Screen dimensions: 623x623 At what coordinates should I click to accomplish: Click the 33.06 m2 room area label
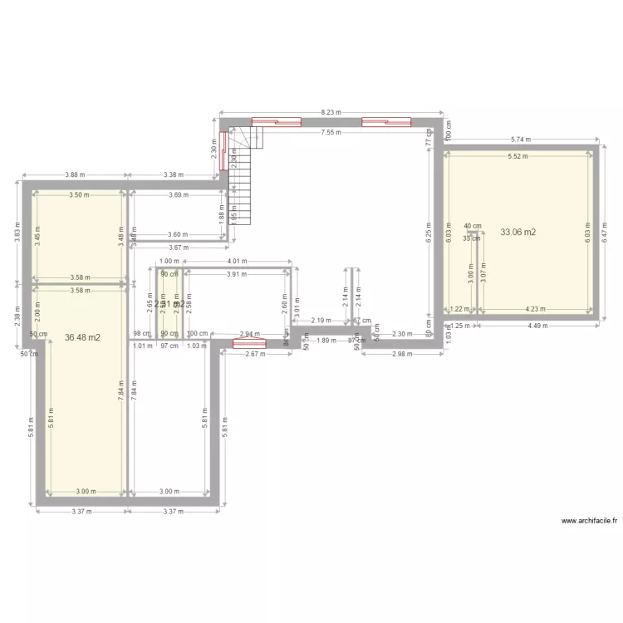(x=518, y=233)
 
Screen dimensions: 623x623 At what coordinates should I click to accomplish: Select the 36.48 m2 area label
(x=82, y=337)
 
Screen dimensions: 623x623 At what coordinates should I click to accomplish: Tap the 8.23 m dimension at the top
(x=331, y=111)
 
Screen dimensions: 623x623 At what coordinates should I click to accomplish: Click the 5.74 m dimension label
(x=522, y=140)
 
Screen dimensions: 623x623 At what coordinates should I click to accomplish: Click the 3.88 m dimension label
(x=76, y=174)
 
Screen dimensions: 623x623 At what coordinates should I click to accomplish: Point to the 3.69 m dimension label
(x=178, y=195)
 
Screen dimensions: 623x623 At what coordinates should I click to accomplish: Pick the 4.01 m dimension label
(x=238, y=260)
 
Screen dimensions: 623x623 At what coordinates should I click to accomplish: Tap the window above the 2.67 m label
(x=248, y=343)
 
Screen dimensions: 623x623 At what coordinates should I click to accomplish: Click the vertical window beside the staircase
(x=223, y=151)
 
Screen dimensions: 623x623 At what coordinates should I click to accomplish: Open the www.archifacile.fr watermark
(x=590, y=521)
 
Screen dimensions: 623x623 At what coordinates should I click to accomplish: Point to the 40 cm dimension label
(x=472, y=226)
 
